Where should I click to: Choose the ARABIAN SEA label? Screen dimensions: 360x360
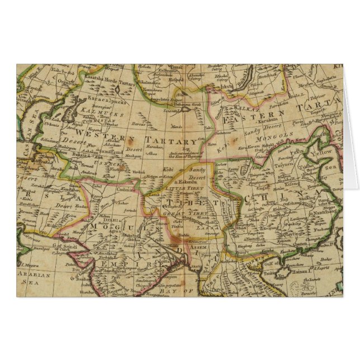point(35,278)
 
